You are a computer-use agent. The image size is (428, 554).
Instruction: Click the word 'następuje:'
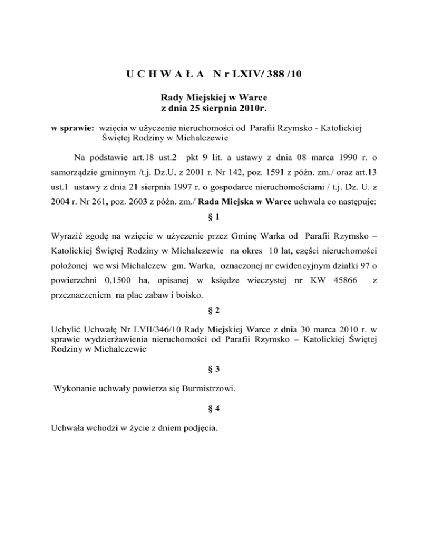(363, 204)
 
